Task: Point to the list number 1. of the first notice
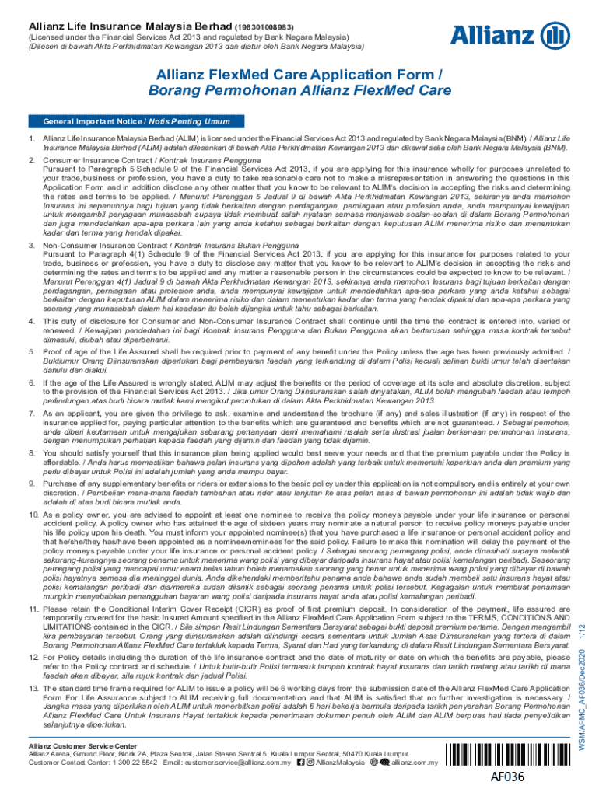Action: coord(31,138)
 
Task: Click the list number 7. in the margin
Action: coord(31,414)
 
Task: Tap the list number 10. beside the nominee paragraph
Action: coord(33,515)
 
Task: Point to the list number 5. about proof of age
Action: coord(31,352)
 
